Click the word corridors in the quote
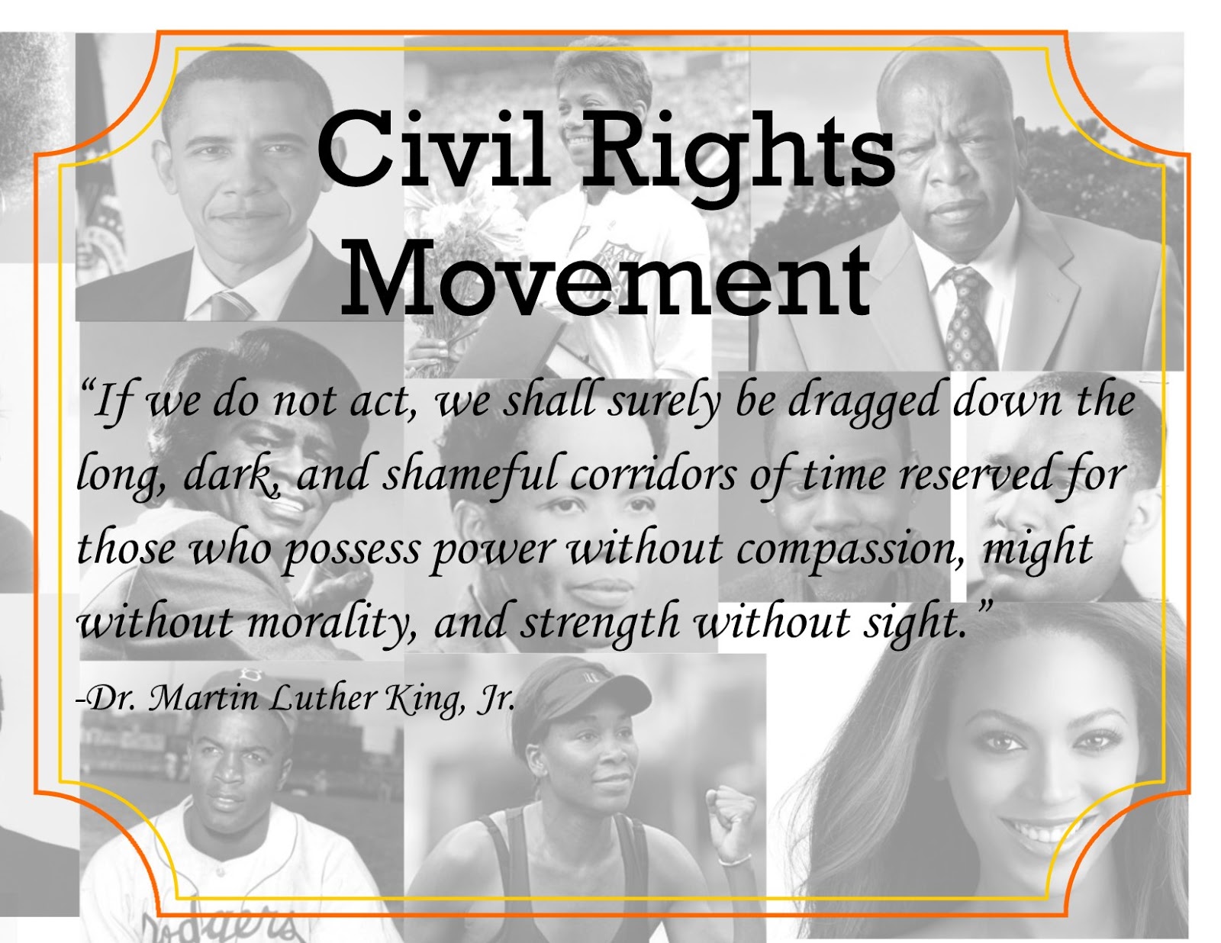pyautogui.click(x=653, y=474)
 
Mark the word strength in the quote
pyautogui.click(x=600, y=622)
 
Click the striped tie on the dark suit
pyautogui.click(x=229, y=304)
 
